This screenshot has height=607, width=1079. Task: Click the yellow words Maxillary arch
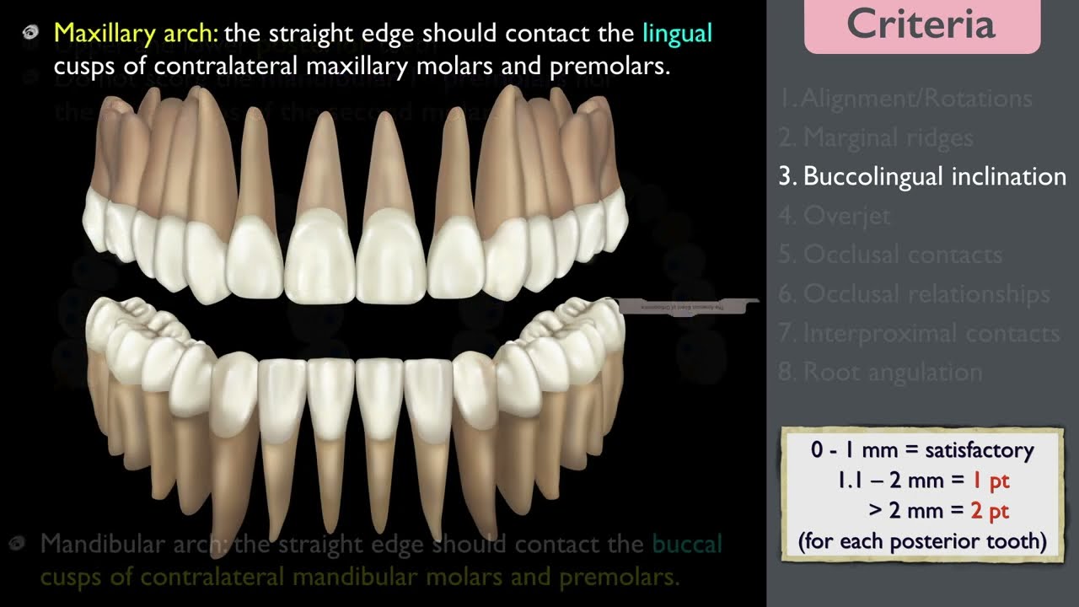(136, 34)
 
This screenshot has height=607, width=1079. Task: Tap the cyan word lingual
(677, 34)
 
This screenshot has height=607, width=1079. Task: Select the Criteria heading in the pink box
(921, 24)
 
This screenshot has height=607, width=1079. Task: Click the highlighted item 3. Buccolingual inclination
(922, 176)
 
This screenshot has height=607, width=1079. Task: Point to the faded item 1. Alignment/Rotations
(905, 99)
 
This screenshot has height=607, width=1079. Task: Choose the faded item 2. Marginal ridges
(876, 137)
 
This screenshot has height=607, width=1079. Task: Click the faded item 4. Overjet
(835, 216)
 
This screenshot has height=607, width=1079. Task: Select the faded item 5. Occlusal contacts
(890, 255)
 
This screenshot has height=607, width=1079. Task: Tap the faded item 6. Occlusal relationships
(914, 294)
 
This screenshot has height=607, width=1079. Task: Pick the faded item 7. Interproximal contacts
(919, 333)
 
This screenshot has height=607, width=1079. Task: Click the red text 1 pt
(990, 481)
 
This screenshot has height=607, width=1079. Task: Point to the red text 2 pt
(990, 510)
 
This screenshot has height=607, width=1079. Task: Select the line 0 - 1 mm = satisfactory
(922, 450)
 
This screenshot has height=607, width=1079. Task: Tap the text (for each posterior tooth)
(922, 540)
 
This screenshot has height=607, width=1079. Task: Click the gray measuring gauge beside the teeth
(687, 306)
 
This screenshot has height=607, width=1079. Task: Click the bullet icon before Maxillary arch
(31, 34)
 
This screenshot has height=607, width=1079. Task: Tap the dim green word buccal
(686, 545)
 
